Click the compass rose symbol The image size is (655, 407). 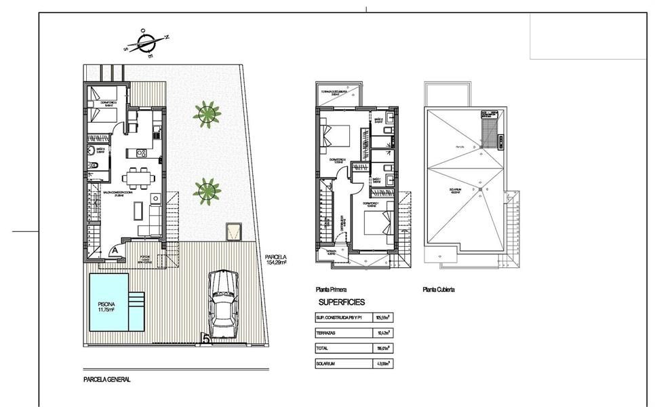[x=146, y=44]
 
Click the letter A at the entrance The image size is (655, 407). [x=115, y=250]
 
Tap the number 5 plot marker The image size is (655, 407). [x=205, y=337]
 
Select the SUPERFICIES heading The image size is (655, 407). [x=342, y=302]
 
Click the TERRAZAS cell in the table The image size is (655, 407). [x=326, y=333]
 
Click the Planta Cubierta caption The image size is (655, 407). [x=439, y=289]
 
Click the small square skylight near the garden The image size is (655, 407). [x=235, y=231]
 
